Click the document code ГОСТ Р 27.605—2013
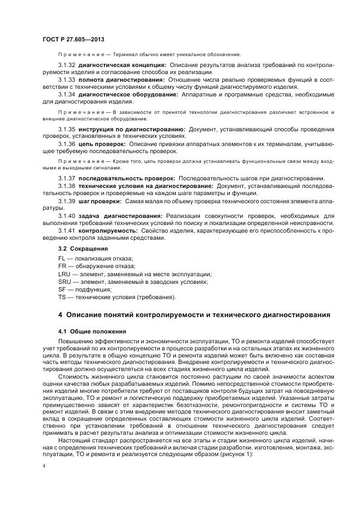pyautogui.click(x=73, y=40)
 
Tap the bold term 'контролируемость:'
pyautogui.click(x=108, y=230)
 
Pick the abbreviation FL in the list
pyautogui.click(x=62, y=258)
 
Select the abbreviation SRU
pyautogui.click(x=64, y=282)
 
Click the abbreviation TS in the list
pyautogui.click(x=62, y=297)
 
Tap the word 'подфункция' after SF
pyautogui.click(x=93, y=289)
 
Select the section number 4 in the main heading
pyautogui.click(x=60, y=315)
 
